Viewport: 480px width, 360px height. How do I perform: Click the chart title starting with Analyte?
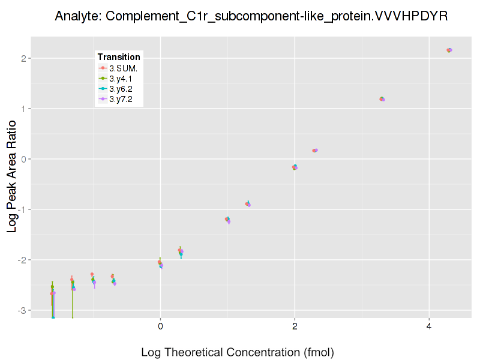click(x=251, y=16)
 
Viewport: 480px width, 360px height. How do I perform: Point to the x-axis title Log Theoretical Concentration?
click(x=237, y=352)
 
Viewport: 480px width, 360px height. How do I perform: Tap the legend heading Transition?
click(x=119, y=57)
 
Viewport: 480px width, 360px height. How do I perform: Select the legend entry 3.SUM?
click(x=123, y=68)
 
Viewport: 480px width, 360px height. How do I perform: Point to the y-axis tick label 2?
click(x=22, y=58)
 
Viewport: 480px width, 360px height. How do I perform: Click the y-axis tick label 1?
click(x=22, y=109)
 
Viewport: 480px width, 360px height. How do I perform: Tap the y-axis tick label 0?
click(x=22, y=159)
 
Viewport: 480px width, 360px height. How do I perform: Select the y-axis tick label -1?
click(x=20, y=209)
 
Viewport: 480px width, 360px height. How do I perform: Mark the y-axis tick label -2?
click(x=20, y=260)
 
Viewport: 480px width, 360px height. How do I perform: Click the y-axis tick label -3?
click(x=20, y=310)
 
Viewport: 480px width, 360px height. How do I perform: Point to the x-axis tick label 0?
click(x=160, y=326)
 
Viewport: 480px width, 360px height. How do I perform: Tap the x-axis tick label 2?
click(x=295, y=326)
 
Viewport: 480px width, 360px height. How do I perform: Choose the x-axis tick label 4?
click(x=429, y=326)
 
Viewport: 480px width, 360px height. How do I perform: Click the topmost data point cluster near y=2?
click(x=449, y=50)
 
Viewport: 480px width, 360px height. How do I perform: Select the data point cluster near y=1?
click(x=382, y=99)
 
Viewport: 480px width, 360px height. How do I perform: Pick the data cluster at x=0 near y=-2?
click(x=160, y=263)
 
